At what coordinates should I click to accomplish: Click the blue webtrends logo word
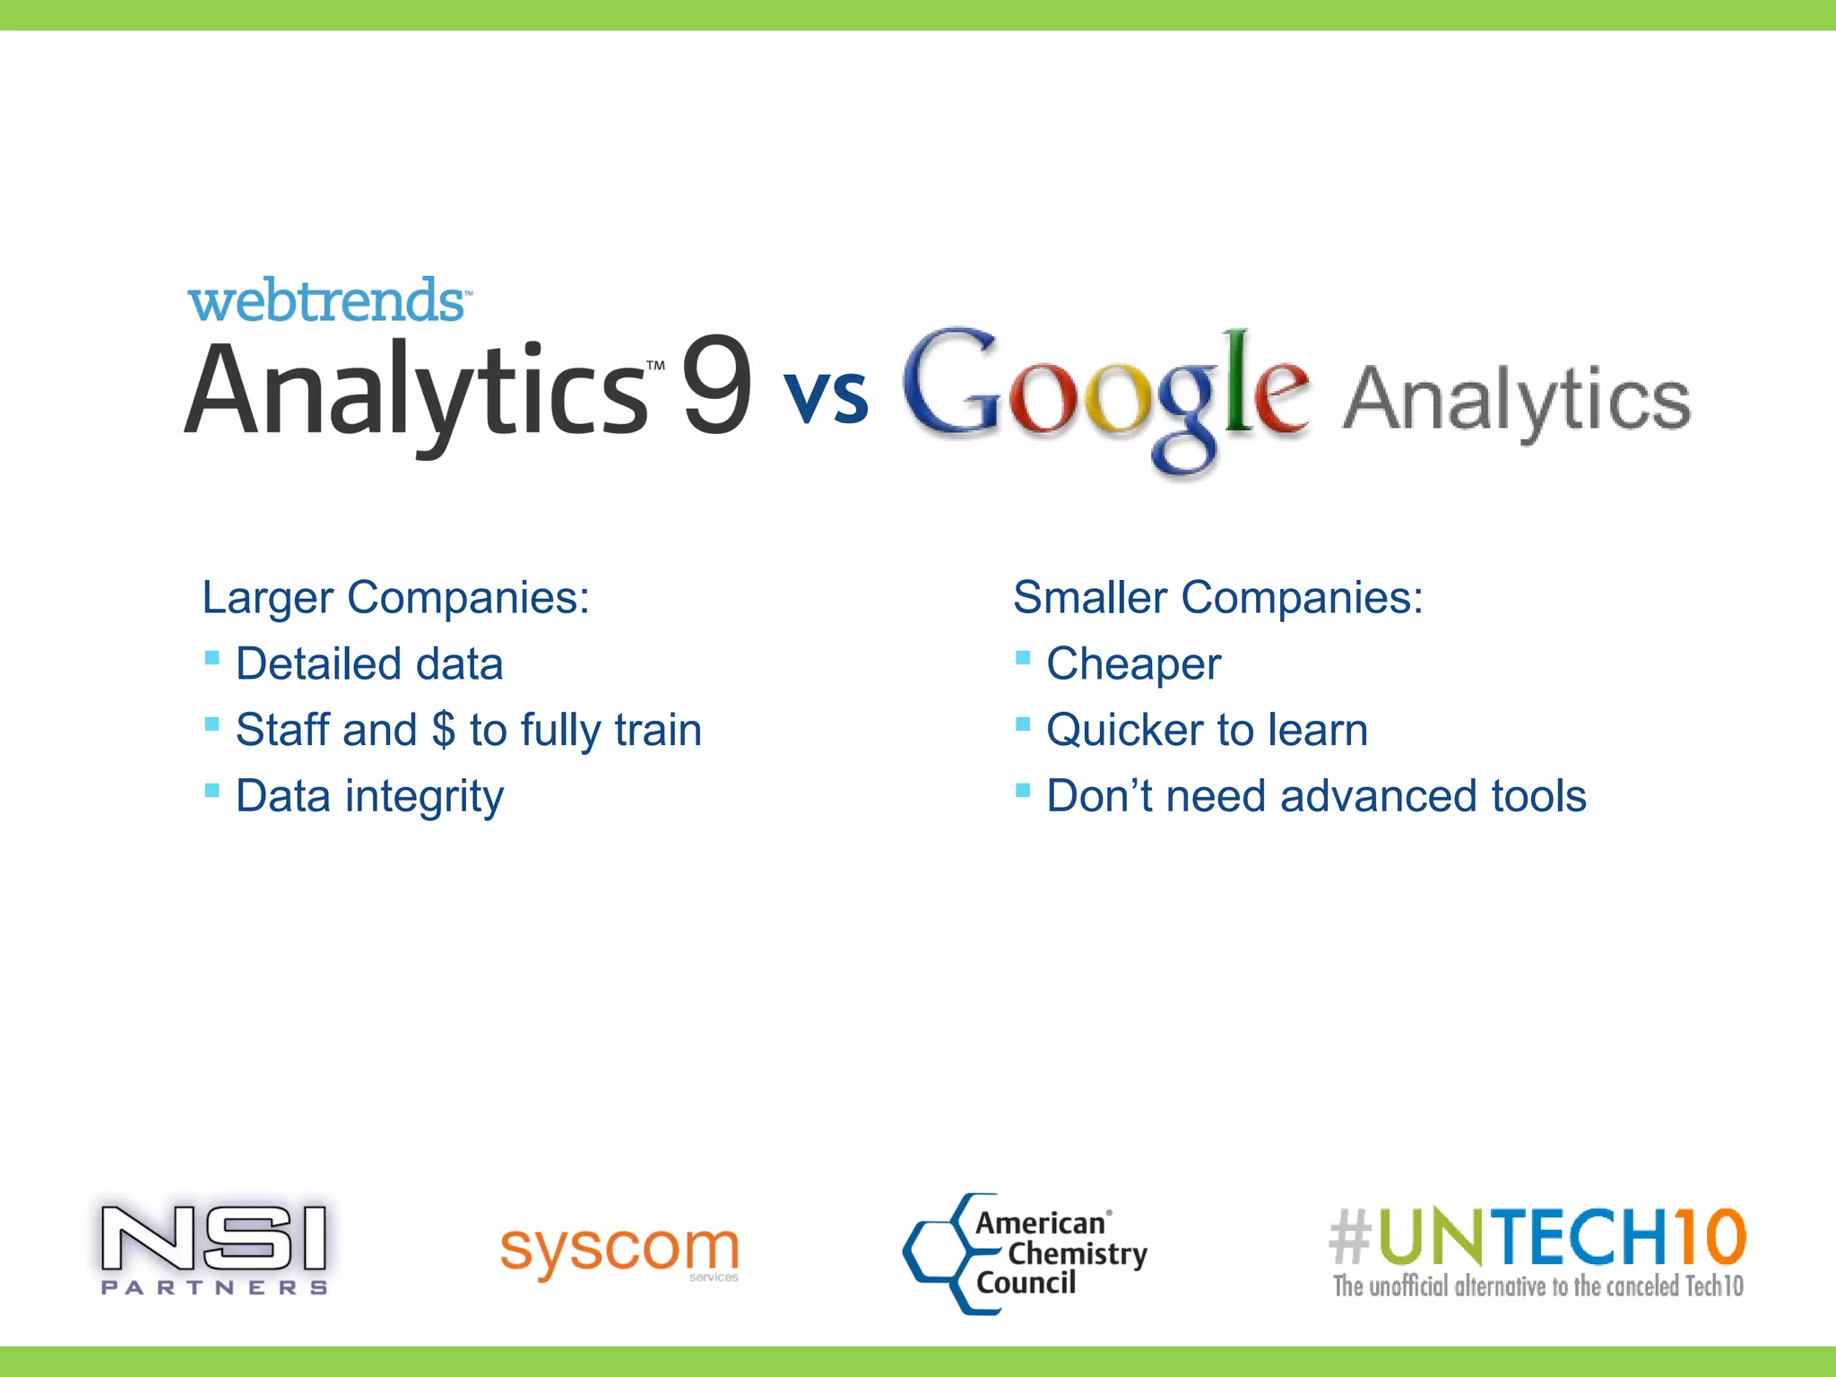click(x=326, y=301)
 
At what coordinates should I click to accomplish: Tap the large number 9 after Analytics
click(x=716, y=385)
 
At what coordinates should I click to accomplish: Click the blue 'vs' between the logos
click(x=826, y=396)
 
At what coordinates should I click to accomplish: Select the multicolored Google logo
click(x=1104, y=394)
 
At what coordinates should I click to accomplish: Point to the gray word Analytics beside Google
click(x=1516, y=401)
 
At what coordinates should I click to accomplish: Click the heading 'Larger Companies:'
click(x=395, y=598)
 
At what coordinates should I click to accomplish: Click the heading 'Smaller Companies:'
click(x=1217, y=598)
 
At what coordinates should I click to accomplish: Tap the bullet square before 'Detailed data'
click(x=212, y=659)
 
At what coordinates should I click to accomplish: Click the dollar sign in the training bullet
click(x=443, y=730)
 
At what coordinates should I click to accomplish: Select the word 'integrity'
click(x=424, y=797)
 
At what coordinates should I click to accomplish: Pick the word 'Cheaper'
click(x=1133, y=664)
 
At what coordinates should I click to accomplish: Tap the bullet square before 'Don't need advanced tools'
click(x=1023, y=791)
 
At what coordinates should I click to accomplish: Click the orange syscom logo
click(x=619, y=1249)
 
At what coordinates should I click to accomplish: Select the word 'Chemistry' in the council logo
click(x=1077, y=1254)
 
